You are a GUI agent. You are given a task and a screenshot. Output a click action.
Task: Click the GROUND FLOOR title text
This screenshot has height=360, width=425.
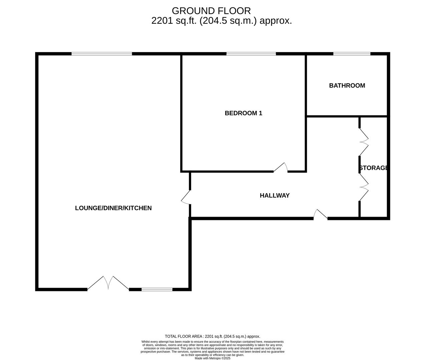[211, 11]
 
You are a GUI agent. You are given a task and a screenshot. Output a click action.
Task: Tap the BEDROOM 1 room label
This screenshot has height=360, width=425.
[243, 113]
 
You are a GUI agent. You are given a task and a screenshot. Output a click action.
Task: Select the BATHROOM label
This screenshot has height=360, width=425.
[347, 85]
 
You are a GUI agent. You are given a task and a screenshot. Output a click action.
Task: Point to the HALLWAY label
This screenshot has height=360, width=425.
[275, 195]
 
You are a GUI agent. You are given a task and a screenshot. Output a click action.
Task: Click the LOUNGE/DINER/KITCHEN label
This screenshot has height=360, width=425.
[113, 208]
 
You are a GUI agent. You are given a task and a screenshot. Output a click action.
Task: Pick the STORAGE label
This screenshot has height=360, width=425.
[374, 168]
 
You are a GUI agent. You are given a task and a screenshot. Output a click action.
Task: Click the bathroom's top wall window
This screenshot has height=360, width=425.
[352, 54]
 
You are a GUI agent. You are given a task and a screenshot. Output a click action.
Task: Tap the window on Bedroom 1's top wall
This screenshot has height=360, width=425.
[251, 54]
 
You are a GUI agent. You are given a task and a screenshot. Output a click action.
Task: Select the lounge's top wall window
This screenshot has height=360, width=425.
[102, 54]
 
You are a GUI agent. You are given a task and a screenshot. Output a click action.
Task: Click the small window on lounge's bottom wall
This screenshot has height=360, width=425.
[157, 289]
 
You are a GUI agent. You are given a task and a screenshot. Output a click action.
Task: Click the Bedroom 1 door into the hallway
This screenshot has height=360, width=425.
[281, 168]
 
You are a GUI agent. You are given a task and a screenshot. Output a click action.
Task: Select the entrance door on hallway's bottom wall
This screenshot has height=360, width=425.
[320, 215]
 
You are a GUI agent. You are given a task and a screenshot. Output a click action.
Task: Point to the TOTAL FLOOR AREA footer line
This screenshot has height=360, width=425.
[212, 336]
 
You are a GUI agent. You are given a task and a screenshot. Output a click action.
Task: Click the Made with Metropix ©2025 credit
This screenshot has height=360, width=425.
[212, 358]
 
